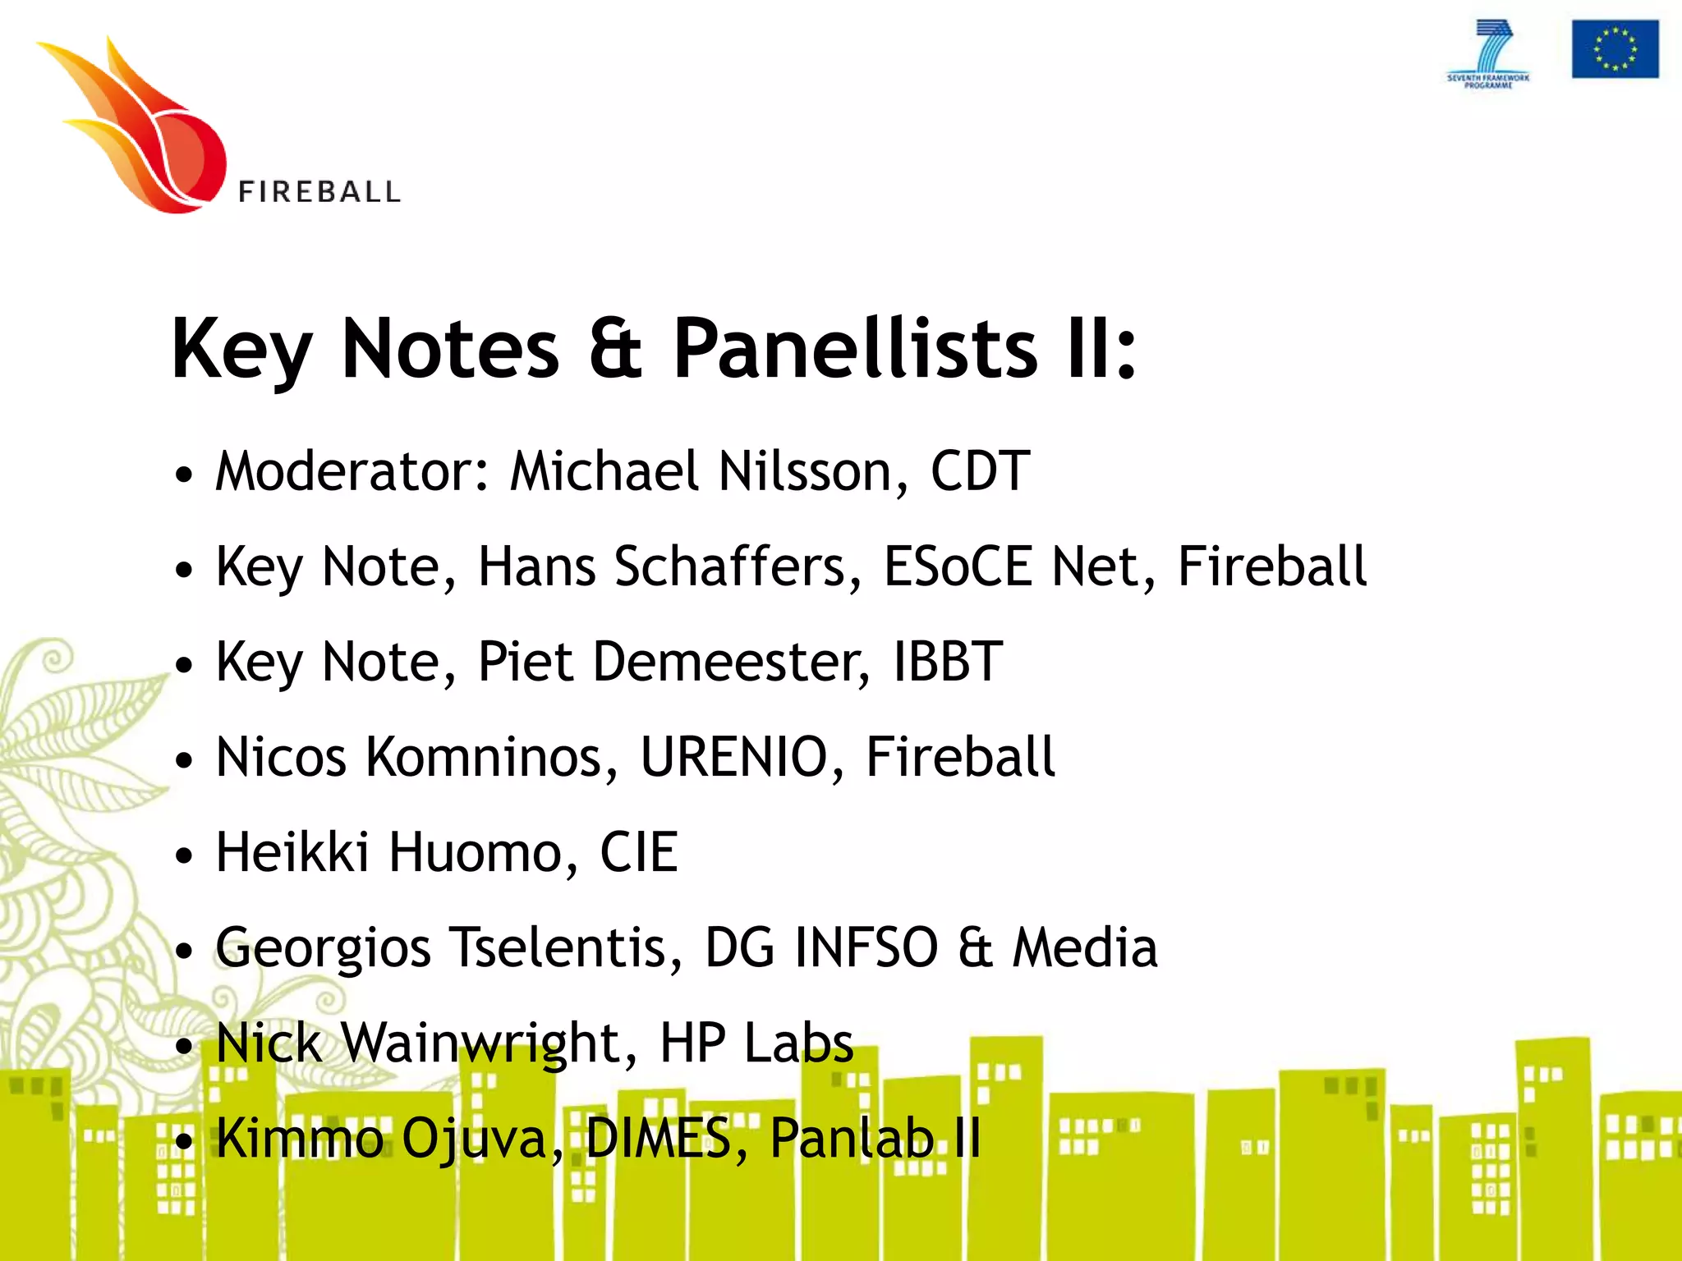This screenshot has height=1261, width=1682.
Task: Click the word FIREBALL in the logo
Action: (319, 192)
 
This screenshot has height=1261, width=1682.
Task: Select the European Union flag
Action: (1615, 49)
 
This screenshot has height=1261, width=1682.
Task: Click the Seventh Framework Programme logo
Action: (1488, 54)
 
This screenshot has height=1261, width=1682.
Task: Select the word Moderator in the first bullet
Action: (352, 471)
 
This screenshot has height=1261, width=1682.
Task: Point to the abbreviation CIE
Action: (639, 852)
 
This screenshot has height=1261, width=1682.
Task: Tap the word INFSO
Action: (866, 947)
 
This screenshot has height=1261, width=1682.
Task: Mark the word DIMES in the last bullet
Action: (658, 1138)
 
